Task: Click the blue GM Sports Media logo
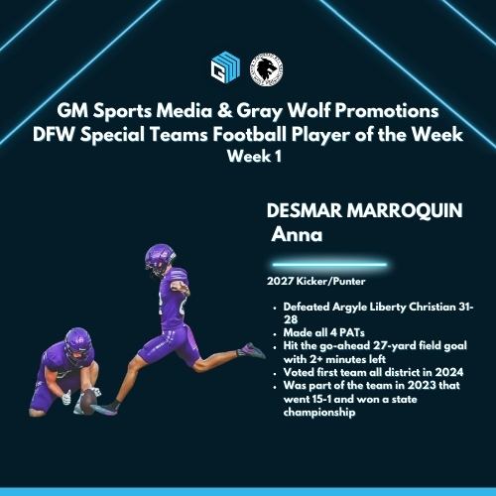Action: pyautogui.click(x=225, y=68)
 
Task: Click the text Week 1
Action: pyautogui.click(x=248, y=156)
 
